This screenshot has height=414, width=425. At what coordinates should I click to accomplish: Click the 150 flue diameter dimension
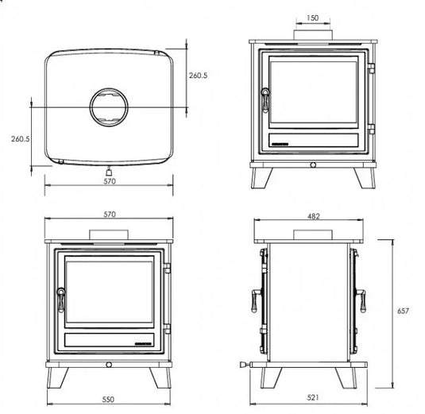coord(312,17)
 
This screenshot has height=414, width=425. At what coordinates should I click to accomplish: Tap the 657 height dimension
coord(403,311)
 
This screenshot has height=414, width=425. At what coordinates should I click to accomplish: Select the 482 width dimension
coord(312,215)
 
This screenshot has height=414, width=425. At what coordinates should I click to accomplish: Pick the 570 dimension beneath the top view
coord(110,182)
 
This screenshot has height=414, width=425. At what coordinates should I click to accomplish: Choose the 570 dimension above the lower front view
coord(110,215)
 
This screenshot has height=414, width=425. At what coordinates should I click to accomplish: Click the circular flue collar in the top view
coord(110,107)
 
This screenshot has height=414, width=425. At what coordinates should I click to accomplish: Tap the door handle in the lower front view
coord(58,299)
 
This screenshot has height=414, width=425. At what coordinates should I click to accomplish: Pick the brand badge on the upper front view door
coord(282,144)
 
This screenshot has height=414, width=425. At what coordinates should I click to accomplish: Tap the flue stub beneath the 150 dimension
coord(312,34)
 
